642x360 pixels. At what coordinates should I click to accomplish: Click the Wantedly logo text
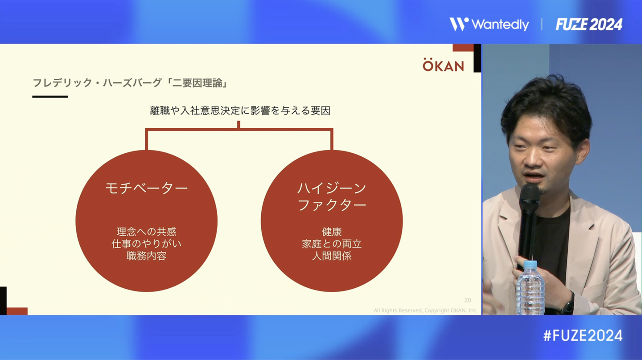[500, 25]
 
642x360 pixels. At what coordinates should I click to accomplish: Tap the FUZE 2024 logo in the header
[589, 25]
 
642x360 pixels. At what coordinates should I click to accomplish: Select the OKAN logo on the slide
[443, 65]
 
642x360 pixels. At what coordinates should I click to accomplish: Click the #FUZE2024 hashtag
[583, 335]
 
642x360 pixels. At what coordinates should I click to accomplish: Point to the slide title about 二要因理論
[130, 83]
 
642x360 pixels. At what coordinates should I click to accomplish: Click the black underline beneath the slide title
[50, 97]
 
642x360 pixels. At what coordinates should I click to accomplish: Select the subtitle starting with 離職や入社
[240, 110]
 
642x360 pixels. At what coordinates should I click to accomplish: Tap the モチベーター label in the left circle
[146, 188]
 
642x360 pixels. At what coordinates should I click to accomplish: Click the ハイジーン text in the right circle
[332, 188]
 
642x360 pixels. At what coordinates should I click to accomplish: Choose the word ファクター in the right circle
[332, 205]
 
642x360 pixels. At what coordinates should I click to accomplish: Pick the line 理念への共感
[146, 231]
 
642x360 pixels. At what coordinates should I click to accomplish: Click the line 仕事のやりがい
[146, 244]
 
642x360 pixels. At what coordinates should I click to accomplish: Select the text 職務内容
[146, 256]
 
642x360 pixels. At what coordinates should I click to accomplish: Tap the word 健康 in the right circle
[332, 231]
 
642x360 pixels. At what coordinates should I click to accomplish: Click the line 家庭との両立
[332, 244]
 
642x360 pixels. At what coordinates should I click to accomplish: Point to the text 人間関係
[332, 256]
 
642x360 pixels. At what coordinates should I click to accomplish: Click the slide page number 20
[467, 300]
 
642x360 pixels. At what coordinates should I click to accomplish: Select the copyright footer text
[425, 311]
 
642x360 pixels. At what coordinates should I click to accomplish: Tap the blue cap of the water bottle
[530, 264]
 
